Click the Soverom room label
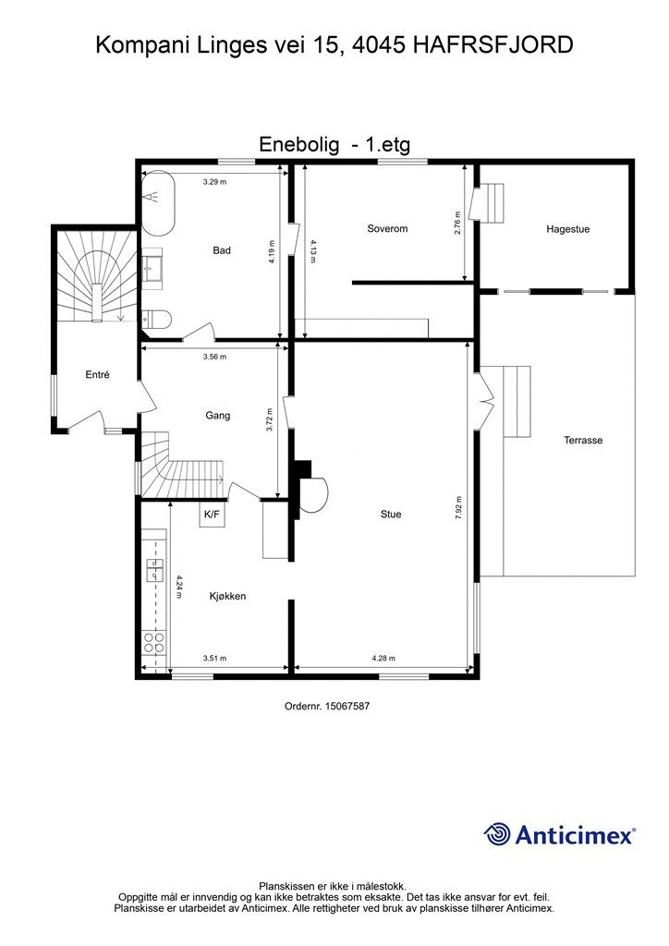[387, 229]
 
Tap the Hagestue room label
[567, 229]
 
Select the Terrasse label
[583, 441]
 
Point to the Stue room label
[391, 514]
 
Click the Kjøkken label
[227, 596]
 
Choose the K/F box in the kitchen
[212, 515]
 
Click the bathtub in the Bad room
[158, 202]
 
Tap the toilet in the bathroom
[157, 318]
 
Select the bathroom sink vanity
[152, 265]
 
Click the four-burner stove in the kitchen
[153, 642]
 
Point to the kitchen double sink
[155, 570]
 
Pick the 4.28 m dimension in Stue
[383, 658]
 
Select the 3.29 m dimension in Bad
[214, 181]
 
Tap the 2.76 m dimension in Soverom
[457, 223]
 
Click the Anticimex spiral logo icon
[497, 834]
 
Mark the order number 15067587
[347, 705]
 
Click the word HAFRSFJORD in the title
[493, 45]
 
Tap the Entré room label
[98, 375]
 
